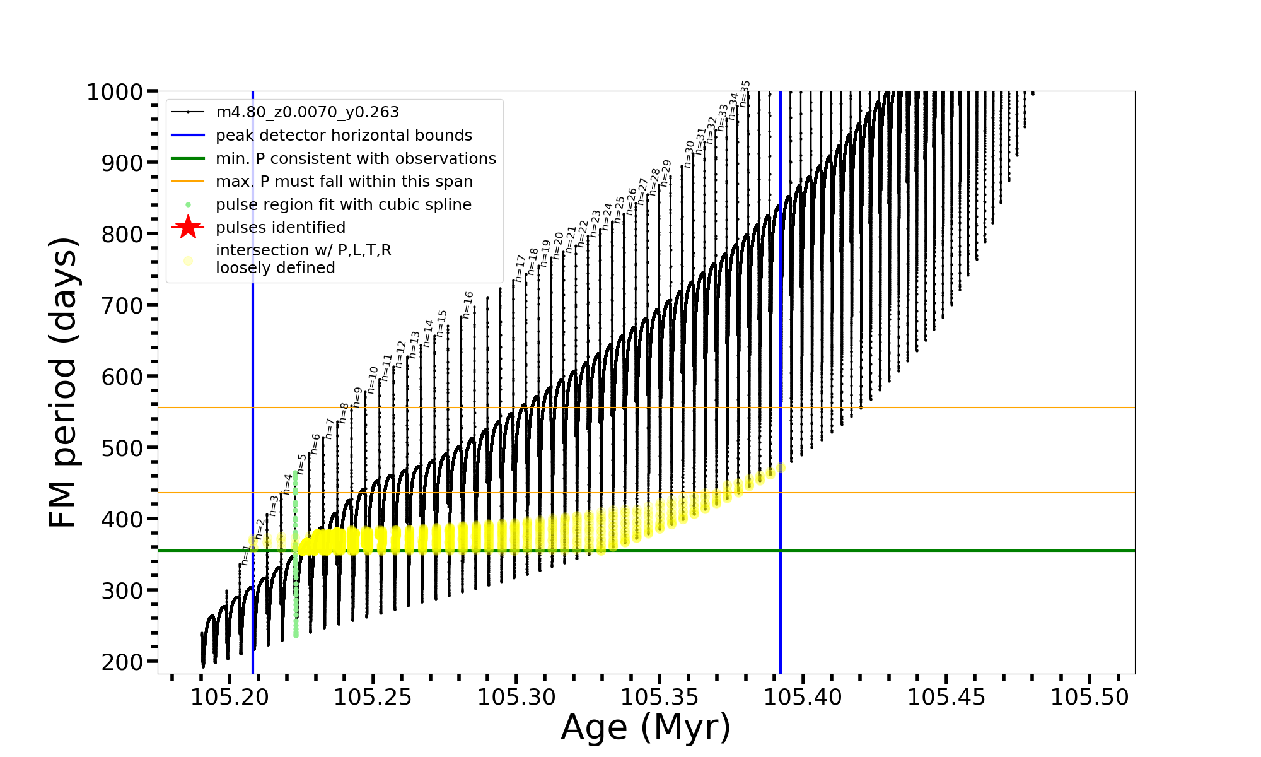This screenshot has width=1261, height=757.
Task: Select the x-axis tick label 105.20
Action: point(230,697)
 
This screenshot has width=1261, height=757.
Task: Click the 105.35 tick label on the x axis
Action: point(660,697)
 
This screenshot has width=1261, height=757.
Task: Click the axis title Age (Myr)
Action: point(646,727)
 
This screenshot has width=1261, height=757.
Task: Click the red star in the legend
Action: point(188,227)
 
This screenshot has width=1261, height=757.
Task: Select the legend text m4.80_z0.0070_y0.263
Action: point(307,112)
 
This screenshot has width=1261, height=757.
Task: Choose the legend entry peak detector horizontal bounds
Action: point(344,136)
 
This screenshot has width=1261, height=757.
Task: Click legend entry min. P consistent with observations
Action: point(356,159)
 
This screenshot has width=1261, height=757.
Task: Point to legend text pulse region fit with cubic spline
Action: point(343,205)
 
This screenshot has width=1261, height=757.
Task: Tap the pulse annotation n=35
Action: point(746,93)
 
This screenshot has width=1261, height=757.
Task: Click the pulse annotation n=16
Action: point(468,305)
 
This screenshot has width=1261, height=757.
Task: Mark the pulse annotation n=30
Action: point(689,153)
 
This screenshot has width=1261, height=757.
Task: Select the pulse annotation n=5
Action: point(301,464)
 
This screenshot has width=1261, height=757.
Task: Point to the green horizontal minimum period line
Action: point(946,551)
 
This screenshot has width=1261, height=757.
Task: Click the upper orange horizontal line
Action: point(946,408)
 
